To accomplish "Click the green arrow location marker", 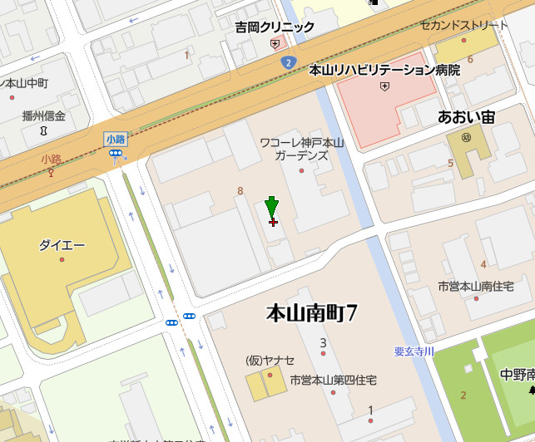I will pyautogui.click(x=271, y=207).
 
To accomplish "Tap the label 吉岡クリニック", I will pyautogui.click(x=274, y=27).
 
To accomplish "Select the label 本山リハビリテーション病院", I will pyautogui.click(x=384, y=71).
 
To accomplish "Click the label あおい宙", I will pyautogui.click(x=466, y=117).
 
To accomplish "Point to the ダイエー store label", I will pyautogui.click(x=62, y=245).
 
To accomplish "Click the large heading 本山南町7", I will pyautogui.click(x=311, y=313).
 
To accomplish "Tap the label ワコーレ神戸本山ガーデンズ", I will pyautogui.click(x=301, y=149).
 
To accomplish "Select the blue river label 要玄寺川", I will pyautogui.click(x=414, y=351).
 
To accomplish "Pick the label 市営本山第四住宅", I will pyautogui.click(x=333, y=380).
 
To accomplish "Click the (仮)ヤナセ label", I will pyautogui.click(x=270, y=360).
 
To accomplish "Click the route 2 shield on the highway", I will pyautogui.click(x=288, y=62).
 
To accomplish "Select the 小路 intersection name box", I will pyautogui.click(x=115, y=139).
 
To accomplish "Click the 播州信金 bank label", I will pyautogui.click(x=43, y=116).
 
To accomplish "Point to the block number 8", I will pyautogui.click(x=240, y=191).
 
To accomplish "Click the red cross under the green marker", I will pyautogui.click(x=273, y=222).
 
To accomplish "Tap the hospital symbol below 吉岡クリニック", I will pyautogui.click(x=275, y=43).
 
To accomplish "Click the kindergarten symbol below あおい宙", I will pyautogui.click(x=466, y=136).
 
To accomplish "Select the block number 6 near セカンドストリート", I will pyautogui.click(x=470, y=59).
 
